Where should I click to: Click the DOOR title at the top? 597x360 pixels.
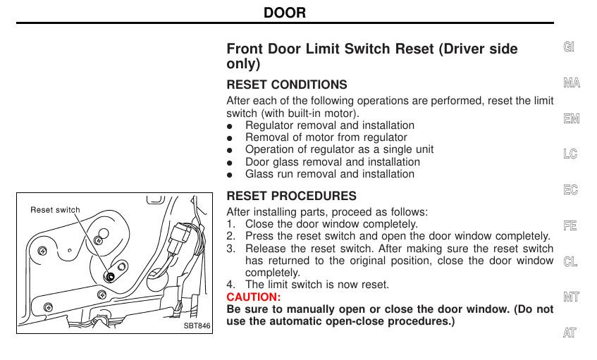click(285, 13)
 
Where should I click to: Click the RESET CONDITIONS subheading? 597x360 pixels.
click(286, 85)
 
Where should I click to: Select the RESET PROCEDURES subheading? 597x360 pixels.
click(291, 196)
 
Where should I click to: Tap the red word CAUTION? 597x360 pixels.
click(253, 297)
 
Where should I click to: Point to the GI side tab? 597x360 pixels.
click(569, 47)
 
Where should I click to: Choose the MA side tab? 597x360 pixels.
click(571, 83)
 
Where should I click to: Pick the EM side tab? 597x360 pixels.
click(571, 119)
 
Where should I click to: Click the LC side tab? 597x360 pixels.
click(570, 154)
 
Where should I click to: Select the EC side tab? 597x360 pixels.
click(570, 190)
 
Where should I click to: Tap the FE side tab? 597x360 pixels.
click(570, 226)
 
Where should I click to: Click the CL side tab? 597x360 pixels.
click(570, 261)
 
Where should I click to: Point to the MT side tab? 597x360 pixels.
click(571, 297)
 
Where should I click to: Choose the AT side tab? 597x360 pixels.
click(570, 333)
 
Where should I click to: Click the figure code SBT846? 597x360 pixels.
click(197, 326)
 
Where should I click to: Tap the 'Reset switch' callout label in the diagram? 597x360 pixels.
click(55, 210)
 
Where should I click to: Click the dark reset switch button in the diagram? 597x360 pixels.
click(109, 275)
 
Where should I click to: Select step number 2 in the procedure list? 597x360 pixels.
click(230, 236)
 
